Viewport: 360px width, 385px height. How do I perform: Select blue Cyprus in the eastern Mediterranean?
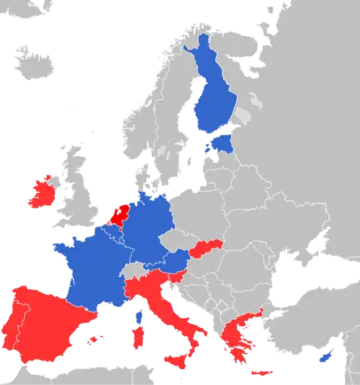click(324, 356)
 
